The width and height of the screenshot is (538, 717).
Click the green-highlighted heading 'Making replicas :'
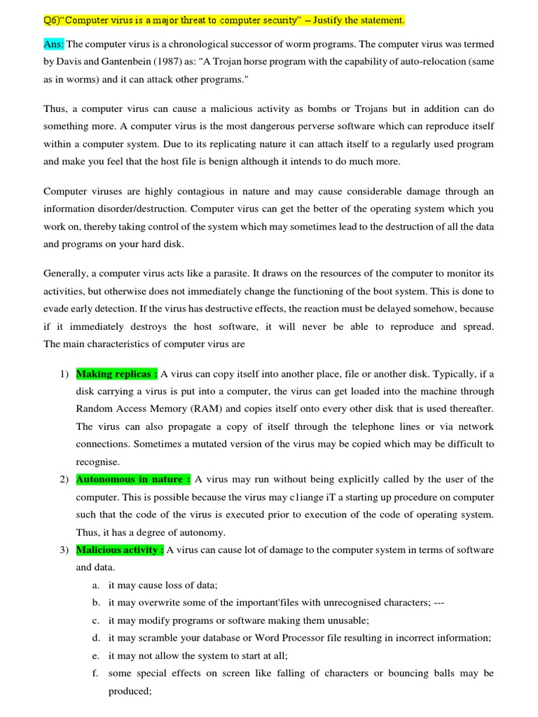117,374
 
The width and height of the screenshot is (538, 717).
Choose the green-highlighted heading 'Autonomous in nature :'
133,480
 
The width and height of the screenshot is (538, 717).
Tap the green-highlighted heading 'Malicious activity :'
120,550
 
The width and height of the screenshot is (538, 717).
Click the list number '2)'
64,480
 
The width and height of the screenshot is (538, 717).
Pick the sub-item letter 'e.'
95,656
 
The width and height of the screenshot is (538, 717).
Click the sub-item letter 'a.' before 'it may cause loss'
95,585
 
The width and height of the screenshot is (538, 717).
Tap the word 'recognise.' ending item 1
97,462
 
